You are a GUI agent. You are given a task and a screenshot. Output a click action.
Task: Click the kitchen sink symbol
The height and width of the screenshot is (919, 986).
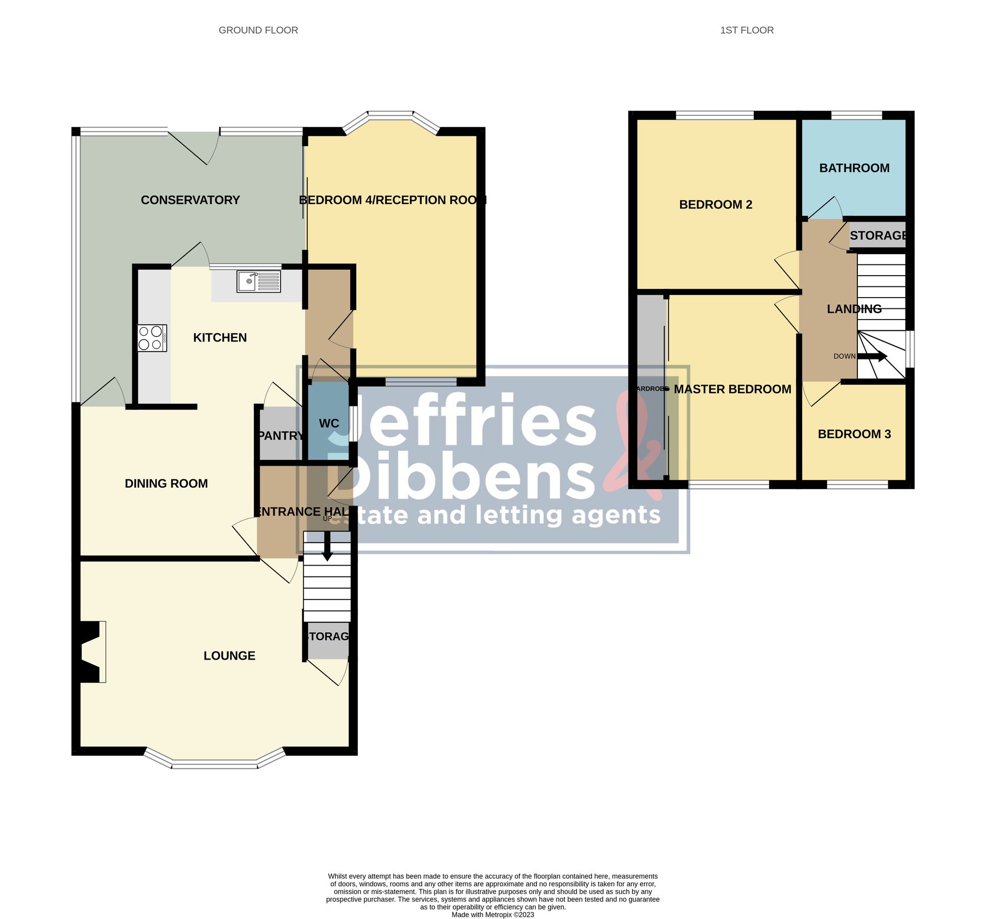coord(259,281)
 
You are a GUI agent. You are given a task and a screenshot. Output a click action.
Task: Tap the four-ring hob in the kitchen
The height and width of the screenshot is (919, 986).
coord(152,338)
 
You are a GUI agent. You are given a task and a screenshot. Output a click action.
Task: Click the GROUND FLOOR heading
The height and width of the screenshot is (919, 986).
coord(258,30)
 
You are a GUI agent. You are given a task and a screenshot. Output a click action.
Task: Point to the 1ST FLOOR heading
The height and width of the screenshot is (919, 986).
coord(747,30)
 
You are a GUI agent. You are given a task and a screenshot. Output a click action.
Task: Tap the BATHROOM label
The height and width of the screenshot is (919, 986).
coord(854,168)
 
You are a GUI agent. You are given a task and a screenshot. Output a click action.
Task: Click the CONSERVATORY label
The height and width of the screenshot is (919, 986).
coord(190,200)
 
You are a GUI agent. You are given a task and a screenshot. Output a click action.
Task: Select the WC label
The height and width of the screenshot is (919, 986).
coord(329,423)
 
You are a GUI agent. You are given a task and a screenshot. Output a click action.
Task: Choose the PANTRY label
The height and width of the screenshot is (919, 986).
coord(280,436)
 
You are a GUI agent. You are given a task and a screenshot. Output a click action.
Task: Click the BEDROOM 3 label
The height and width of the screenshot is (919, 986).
coord(854,434)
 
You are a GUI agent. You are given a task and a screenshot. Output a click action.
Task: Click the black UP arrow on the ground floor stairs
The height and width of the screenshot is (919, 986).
coord(327,547)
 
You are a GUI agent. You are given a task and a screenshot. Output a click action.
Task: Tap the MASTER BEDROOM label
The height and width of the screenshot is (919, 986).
coord(732,389)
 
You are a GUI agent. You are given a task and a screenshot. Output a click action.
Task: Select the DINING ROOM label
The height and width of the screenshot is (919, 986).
coord(166,483)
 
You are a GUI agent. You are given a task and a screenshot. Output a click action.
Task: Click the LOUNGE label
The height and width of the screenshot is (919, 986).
coord(229,656)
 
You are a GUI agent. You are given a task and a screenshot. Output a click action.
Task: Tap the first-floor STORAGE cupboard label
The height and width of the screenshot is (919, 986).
coord(877,235)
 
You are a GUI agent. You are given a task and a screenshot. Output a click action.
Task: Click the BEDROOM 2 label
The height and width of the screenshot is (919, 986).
coord(715,205)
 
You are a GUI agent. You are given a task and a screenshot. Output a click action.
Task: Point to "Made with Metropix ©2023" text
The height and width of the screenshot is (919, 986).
coord(493,914)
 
